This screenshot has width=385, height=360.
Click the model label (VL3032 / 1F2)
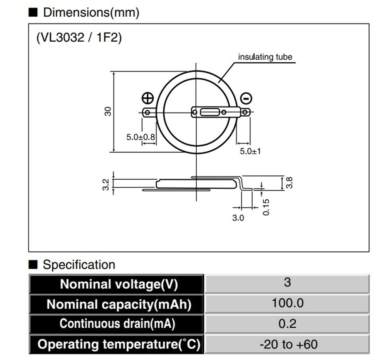pos(79,38)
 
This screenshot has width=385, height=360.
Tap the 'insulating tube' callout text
pos(265,57)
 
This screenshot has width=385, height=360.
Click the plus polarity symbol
pos(147,98)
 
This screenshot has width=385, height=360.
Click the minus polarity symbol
pos(246,99)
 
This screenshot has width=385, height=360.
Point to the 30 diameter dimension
pos(109,112)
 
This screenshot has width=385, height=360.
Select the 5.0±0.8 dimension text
pos(141,137)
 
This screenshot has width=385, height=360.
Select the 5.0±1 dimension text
pos(250,151)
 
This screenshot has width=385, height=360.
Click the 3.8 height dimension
pos(290,182)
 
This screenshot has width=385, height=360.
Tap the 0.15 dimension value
pos(266,207)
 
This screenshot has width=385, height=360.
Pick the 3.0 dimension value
pos(238,218)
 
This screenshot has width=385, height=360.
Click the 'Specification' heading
pos(79,265)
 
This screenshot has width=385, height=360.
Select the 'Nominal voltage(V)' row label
pos(117,284)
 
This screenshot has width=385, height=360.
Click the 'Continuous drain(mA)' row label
pos(117,323)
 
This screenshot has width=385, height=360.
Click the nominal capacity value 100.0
pos(288,303)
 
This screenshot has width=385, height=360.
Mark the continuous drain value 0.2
pos(288,323)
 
